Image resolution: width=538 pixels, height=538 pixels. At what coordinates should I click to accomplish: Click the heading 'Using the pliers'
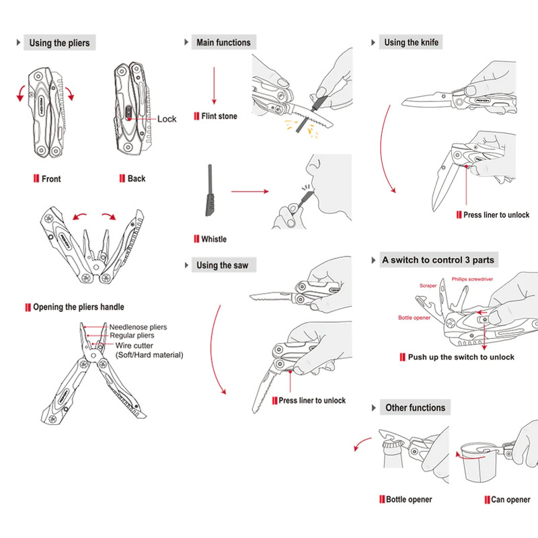pyautogui.click(x=59, y=43)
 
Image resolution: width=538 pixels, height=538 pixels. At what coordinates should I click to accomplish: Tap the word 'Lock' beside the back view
pyautogui.click(x=167, y=119)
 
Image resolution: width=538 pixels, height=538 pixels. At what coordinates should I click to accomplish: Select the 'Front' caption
pyautogui.click(x=51, y=179)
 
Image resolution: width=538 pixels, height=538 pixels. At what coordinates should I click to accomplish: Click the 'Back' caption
pyautogui.click(x=137, y=179)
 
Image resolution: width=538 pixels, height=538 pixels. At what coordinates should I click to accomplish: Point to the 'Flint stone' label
pyautogui.click(x=219, y=116)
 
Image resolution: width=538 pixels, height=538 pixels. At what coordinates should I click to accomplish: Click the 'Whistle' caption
pyautogui.click(x=214, y=239)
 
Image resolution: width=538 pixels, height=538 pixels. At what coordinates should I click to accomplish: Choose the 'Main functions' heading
pyautogui.click(x=223, y=43)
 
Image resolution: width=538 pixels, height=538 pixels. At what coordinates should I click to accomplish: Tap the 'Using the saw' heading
pyautogui.click(x=222, y=266)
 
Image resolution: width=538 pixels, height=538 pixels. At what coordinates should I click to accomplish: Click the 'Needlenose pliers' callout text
pyautogui.click(x=139, y=328)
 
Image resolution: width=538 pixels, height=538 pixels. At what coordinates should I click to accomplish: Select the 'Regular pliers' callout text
pyautogui.click(x=132, y=336)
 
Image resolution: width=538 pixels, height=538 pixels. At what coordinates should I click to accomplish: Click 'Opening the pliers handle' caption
pyautogui.click(x=79, y=307)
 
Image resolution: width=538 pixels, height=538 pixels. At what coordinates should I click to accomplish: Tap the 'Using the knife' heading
pyautogui.click(x=411, y=43)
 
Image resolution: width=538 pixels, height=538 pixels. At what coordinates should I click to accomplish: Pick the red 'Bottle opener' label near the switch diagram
pyautogui.click(x=414, y=317)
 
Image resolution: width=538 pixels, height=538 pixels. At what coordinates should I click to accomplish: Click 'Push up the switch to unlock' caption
pyautogui.click(x=461, y=357)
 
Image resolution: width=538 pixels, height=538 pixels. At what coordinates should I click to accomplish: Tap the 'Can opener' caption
pyautogui.click(x=511, y=500)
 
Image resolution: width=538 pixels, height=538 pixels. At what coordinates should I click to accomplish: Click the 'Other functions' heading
pyautogui.click(x=415, y=408)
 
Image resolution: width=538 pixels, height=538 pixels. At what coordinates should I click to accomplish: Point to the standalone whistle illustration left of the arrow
pyautogui.click(x=208, y=192)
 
